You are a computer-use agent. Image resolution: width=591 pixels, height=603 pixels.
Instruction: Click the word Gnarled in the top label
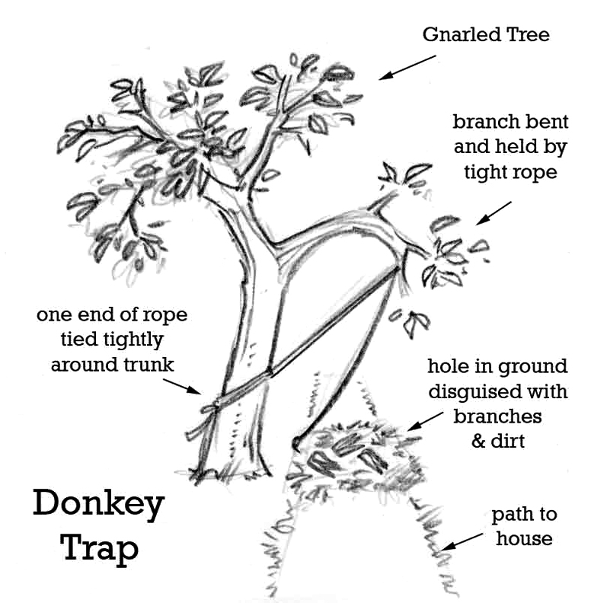462,35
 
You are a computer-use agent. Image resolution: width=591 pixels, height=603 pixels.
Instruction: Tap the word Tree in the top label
528,35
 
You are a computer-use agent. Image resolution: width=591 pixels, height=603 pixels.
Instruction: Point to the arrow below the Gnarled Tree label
407,67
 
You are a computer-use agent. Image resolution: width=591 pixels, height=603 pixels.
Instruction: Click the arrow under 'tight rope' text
494,213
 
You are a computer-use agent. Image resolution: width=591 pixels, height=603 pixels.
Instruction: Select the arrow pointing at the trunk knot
182,386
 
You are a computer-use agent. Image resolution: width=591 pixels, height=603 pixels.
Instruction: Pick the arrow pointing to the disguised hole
426,421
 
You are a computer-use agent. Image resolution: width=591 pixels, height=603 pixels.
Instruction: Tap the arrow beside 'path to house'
462,541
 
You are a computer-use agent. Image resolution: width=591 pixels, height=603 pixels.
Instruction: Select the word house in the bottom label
524,538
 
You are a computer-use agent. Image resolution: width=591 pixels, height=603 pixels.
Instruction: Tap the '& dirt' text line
498,441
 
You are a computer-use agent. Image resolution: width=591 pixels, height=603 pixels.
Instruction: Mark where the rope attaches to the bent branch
398,269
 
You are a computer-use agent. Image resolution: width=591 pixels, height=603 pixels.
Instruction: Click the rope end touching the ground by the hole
296,443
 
